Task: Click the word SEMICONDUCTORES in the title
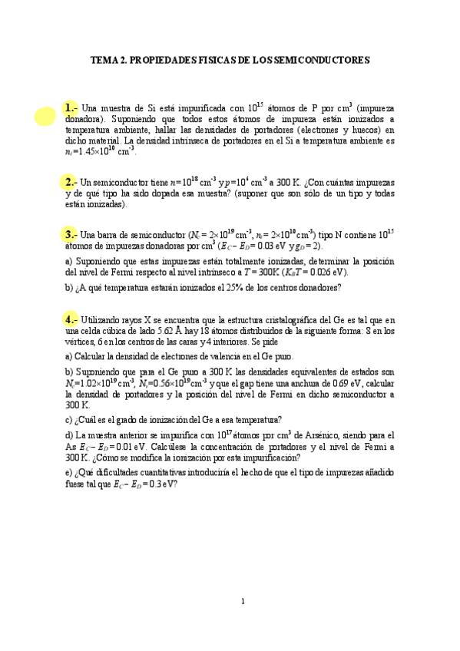(x=328, y=59)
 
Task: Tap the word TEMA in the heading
(x=105, y=59)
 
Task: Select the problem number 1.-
(x=71, y=107)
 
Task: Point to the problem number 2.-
(x=71, y=182)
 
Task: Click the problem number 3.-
(x=71, y=234)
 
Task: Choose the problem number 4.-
(x=71, y=319)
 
